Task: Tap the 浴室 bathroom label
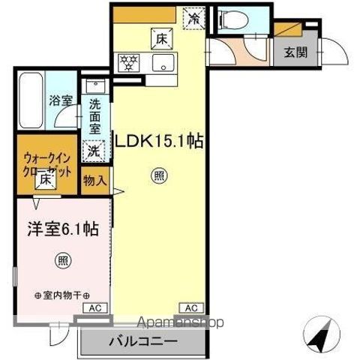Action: pos(59,98)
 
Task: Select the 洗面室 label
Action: pos(94,116)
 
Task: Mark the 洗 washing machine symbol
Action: pos(93,149)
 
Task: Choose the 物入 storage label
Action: pos(94,180)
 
